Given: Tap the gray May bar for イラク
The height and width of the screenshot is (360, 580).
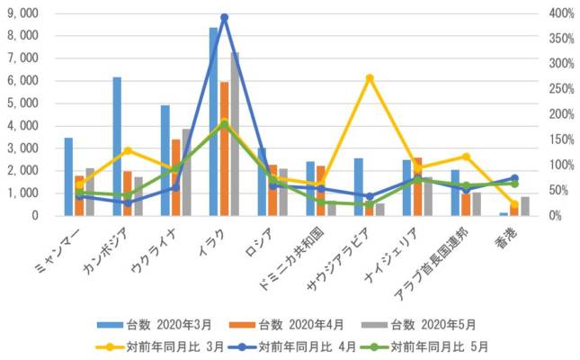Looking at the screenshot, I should pyautogui.click(x=235, y=134).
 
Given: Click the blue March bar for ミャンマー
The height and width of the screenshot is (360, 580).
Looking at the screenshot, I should pyautogui.click(x=68, y=176).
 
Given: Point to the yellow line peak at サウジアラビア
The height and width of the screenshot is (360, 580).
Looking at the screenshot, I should pyautogui.click(x=370, y=77).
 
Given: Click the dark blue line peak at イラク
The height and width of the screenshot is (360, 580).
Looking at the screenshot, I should pyautogui.click(x=224, y=17).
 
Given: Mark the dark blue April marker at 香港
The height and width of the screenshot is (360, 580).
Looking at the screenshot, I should pyautogui.click(x=514, y=178).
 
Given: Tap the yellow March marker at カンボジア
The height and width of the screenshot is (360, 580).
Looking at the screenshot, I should pyautogui.click(x=128, y=150).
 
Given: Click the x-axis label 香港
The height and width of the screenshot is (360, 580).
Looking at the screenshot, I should pyautogui.click(x=508, y=236).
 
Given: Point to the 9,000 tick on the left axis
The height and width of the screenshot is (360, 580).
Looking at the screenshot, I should pyautogui.click(x=22, y=13).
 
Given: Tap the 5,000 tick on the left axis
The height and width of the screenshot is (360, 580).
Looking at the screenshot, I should pyautogui.click(x=22, y=103).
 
